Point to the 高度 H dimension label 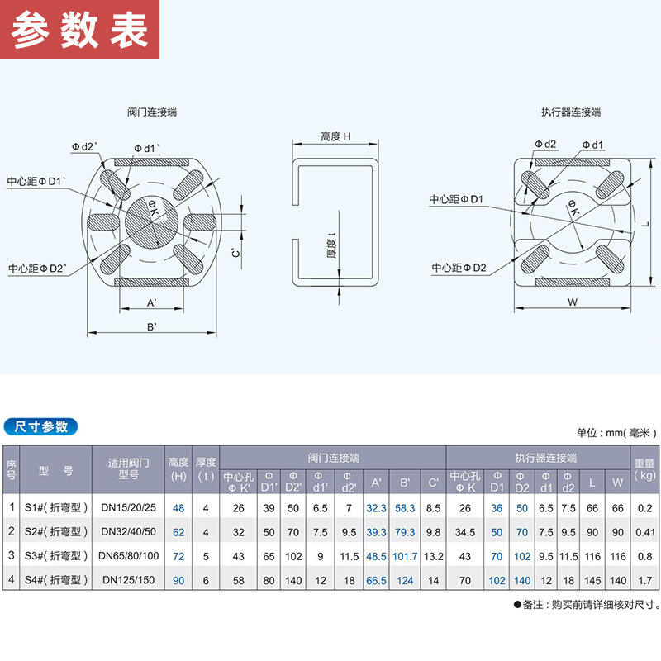[x=335, y=136]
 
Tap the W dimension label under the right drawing [x=572, y=302]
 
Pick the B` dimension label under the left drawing [x=152, y=328]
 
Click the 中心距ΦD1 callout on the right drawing [x=456, y=199]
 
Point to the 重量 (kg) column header [x=644, y=469]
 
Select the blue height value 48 [x=178, y=508]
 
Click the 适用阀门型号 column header [x=131, y=468]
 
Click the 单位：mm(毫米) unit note [x=616, y=432]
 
